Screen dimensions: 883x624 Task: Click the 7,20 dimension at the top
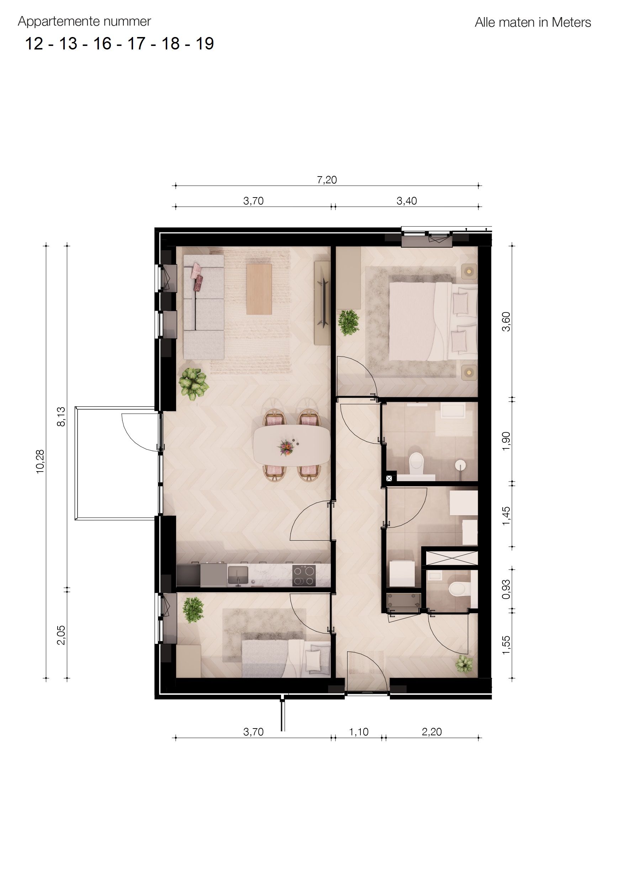click(327, 180)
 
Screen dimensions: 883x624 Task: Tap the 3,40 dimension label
click(406, 201)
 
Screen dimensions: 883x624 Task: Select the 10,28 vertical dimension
click(40, 462)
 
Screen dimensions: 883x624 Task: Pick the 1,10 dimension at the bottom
click(358, 732)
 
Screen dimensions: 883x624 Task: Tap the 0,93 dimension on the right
click(506, 589)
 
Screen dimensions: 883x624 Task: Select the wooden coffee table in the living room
click(259, 288)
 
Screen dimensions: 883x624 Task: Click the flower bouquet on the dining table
click(286, 448)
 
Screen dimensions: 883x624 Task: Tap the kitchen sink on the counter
click(238, 574)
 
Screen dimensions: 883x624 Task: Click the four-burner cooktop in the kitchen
click(304, 575)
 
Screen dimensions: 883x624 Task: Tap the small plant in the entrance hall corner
click(464, 663)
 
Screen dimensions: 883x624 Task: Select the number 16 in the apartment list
click(102, 44)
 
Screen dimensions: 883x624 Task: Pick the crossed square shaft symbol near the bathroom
click(389, 478)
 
